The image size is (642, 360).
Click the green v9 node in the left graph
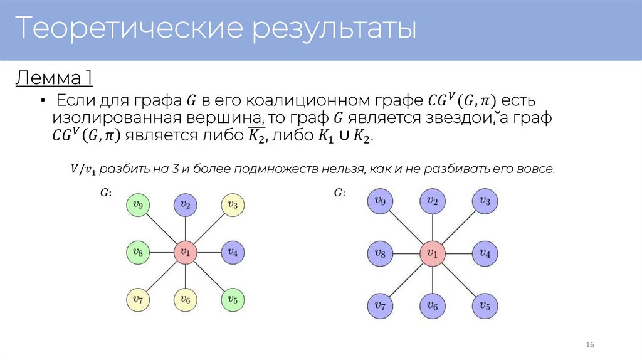pos(138,204)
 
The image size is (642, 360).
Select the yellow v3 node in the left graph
pos(232,204)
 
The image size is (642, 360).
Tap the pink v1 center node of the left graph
pos(185,252)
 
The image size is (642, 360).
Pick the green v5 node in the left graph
pos(232,300)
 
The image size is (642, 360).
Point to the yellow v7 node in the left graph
pos(138,300)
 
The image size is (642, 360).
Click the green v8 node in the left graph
pos(138,252)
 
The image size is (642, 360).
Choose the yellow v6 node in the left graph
pos(185,300)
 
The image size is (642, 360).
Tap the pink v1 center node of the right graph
pos(432,253)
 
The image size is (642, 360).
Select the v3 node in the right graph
pos(485,201)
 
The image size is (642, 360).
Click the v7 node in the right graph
pos(379,305)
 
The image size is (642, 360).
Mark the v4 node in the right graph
pos(485,253)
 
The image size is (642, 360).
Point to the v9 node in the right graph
pos(379,201)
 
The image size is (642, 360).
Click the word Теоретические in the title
pos(128,29)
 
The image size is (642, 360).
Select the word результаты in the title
pos(334,29)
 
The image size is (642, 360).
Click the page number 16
pos(589,346)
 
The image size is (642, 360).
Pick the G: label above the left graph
pos(107,193)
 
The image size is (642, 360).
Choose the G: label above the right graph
pos(339,193)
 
